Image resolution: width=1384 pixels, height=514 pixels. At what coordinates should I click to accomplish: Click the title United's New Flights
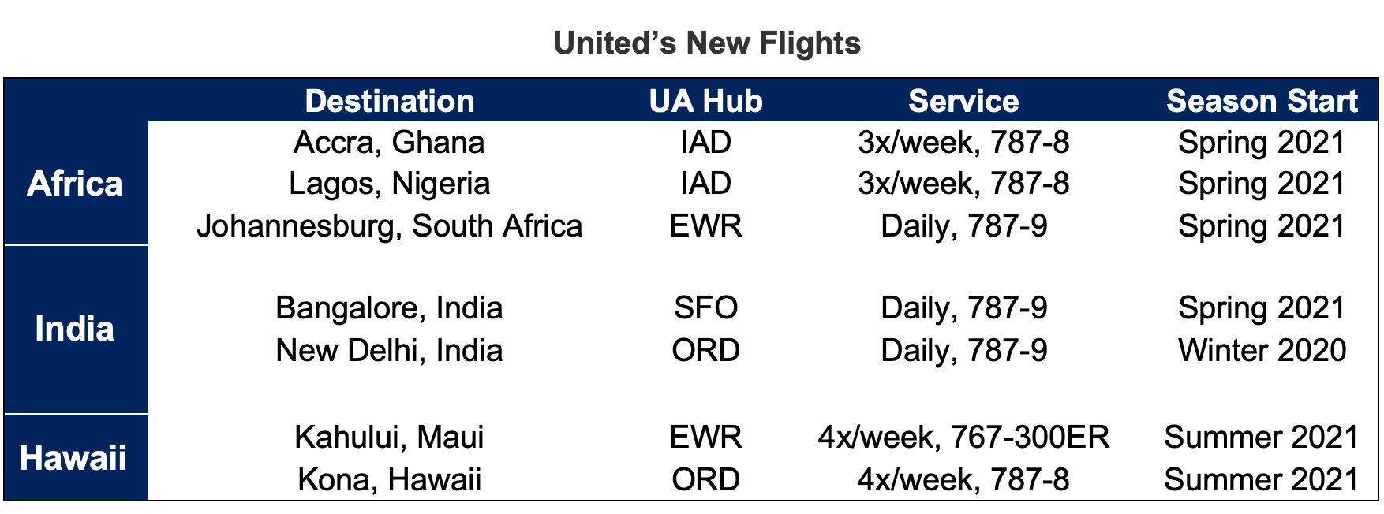coord(707,43)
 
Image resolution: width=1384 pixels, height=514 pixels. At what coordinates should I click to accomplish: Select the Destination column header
coord(390,102)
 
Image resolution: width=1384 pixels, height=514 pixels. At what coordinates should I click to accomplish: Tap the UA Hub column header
coord(705,102)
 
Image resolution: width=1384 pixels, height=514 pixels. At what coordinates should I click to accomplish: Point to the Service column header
coord(963,102)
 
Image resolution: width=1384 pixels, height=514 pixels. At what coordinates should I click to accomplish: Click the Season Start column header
coord(1262,102)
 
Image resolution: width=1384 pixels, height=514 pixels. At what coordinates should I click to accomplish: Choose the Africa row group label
coord(75,184)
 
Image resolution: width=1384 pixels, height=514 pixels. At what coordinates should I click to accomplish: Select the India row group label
coord(75,329)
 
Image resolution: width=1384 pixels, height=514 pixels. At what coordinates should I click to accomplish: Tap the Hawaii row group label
coord(73,458)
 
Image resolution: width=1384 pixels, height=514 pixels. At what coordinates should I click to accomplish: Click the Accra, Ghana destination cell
coord(389,143)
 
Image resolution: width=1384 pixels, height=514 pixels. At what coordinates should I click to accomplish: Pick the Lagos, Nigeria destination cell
coord(389,184)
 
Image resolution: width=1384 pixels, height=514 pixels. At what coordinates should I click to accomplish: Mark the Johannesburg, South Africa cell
coord(389,226)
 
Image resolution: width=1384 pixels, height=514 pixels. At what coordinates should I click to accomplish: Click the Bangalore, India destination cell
coord(389,308)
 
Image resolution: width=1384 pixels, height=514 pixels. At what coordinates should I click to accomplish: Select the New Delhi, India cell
coord(389,350)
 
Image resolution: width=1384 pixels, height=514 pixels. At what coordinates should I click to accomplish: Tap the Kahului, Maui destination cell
coord(389,437)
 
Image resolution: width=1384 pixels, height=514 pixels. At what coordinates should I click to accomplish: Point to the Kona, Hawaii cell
coord(389,479)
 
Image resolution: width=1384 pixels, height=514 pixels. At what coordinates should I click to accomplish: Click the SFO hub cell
coord(705,308)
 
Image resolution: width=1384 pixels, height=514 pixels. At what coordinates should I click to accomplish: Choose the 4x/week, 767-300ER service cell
coord(963,437)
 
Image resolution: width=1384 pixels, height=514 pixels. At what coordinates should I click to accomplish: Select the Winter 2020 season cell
coord(1262,350)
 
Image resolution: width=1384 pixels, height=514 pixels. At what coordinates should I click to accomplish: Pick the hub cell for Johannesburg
coord(705,226)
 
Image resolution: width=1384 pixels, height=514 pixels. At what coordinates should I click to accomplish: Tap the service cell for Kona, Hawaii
coord(963,479)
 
